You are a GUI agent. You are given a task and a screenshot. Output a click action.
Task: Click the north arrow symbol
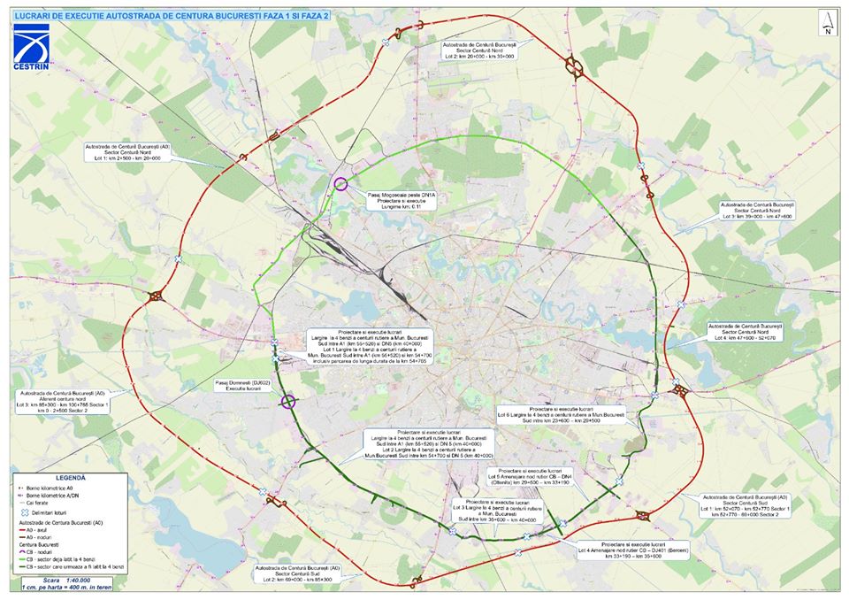tap(825, 23)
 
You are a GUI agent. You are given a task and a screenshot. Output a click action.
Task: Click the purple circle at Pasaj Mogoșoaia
tap(340, 184)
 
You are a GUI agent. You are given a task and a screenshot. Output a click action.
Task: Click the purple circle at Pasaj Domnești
tap(287, 402)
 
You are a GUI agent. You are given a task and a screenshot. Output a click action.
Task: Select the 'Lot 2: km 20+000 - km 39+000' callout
tap(478, 50)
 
